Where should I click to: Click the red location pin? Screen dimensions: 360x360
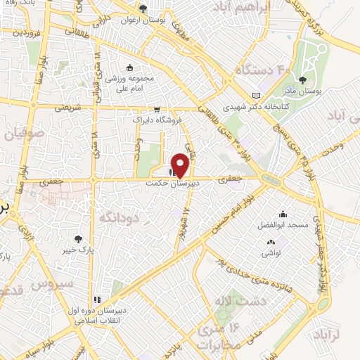(181, 163)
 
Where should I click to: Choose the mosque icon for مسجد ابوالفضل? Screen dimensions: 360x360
(282, 214)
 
